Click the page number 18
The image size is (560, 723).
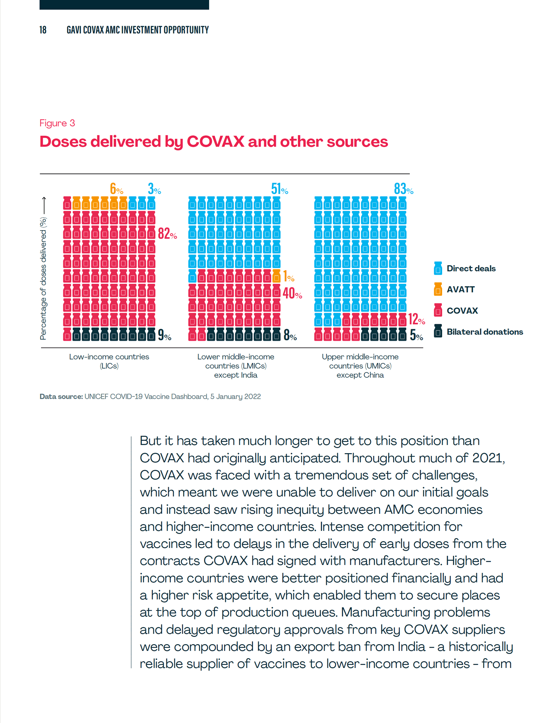(43, 30)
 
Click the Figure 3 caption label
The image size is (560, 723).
(57, 123)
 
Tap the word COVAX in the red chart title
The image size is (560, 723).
(215, 142)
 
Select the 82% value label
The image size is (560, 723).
(167, 233)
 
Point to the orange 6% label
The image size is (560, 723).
(116, 189)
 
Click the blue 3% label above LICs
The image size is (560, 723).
(154, 189)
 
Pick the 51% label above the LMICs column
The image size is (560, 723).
(280, 189)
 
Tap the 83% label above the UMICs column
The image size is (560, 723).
(404, 189)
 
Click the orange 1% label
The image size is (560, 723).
(289, 277)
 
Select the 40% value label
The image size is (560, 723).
(292, 293)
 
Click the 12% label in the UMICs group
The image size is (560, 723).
(416, 319)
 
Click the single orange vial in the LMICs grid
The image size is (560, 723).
(276, 276)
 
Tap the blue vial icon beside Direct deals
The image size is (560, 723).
(438, 268)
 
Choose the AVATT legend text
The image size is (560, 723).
(460, 289)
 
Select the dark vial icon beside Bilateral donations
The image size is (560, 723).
(438, 331)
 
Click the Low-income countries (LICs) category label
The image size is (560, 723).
(109, 361)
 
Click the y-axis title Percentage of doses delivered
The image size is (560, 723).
(43, 279)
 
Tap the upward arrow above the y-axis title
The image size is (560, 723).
(44, 205)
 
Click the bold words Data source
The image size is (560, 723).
(61, 396)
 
